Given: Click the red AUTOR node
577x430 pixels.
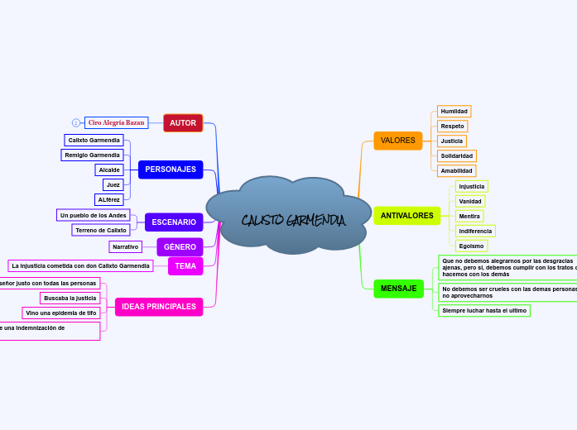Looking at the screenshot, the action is tap(183, 123).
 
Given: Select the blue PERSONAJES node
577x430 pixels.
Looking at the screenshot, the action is tap(171, 170).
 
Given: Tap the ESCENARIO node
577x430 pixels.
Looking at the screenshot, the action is tap(174, 222).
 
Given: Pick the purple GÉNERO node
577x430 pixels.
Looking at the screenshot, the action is tap(180, 247).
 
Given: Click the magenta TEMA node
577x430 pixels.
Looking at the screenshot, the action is tap(185, 266).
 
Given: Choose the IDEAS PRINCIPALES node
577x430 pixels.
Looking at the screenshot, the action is tap(159, 307).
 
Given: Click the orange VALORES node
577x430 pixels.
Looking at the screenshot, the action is tap(397, 141).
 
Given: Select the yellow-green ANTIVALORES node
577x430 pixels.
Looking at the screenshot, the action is tap(406, 216).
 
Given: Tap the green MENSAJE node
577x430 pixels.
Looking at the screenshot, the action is tap(398, 289).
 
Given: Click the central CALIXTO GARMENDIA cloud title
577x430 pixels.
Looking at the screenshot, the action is tap(293, 221).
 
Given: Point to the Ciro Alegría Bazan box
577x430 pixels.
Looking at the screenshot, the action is tap(117, 122).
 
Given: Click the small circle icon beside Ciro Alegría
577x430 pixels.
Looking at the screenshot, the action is tap(76, 122).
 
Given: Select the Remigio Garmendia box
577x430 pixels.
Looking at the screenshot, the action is tap(94, 155).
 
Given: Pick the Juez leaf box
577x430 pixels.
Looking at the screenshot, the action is tap(113, 184).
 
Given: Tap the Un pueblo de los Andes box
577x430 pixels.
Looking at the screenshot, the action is tap(94, 215).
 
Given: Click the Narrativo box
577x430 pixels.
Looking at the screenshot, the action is tap(126, 246).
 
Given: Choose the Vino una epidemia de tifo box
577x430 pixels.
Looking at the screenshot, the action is tap(61, 313).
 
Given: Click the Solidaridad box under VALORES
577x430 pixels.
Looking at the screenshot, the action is tap(457, 155).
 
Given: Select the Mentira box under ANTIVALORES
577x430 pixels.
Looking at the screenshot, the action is tap(469, 216).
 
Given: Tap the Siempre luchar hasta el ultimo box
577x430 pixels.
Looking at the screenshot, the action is tap(484, 311).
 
